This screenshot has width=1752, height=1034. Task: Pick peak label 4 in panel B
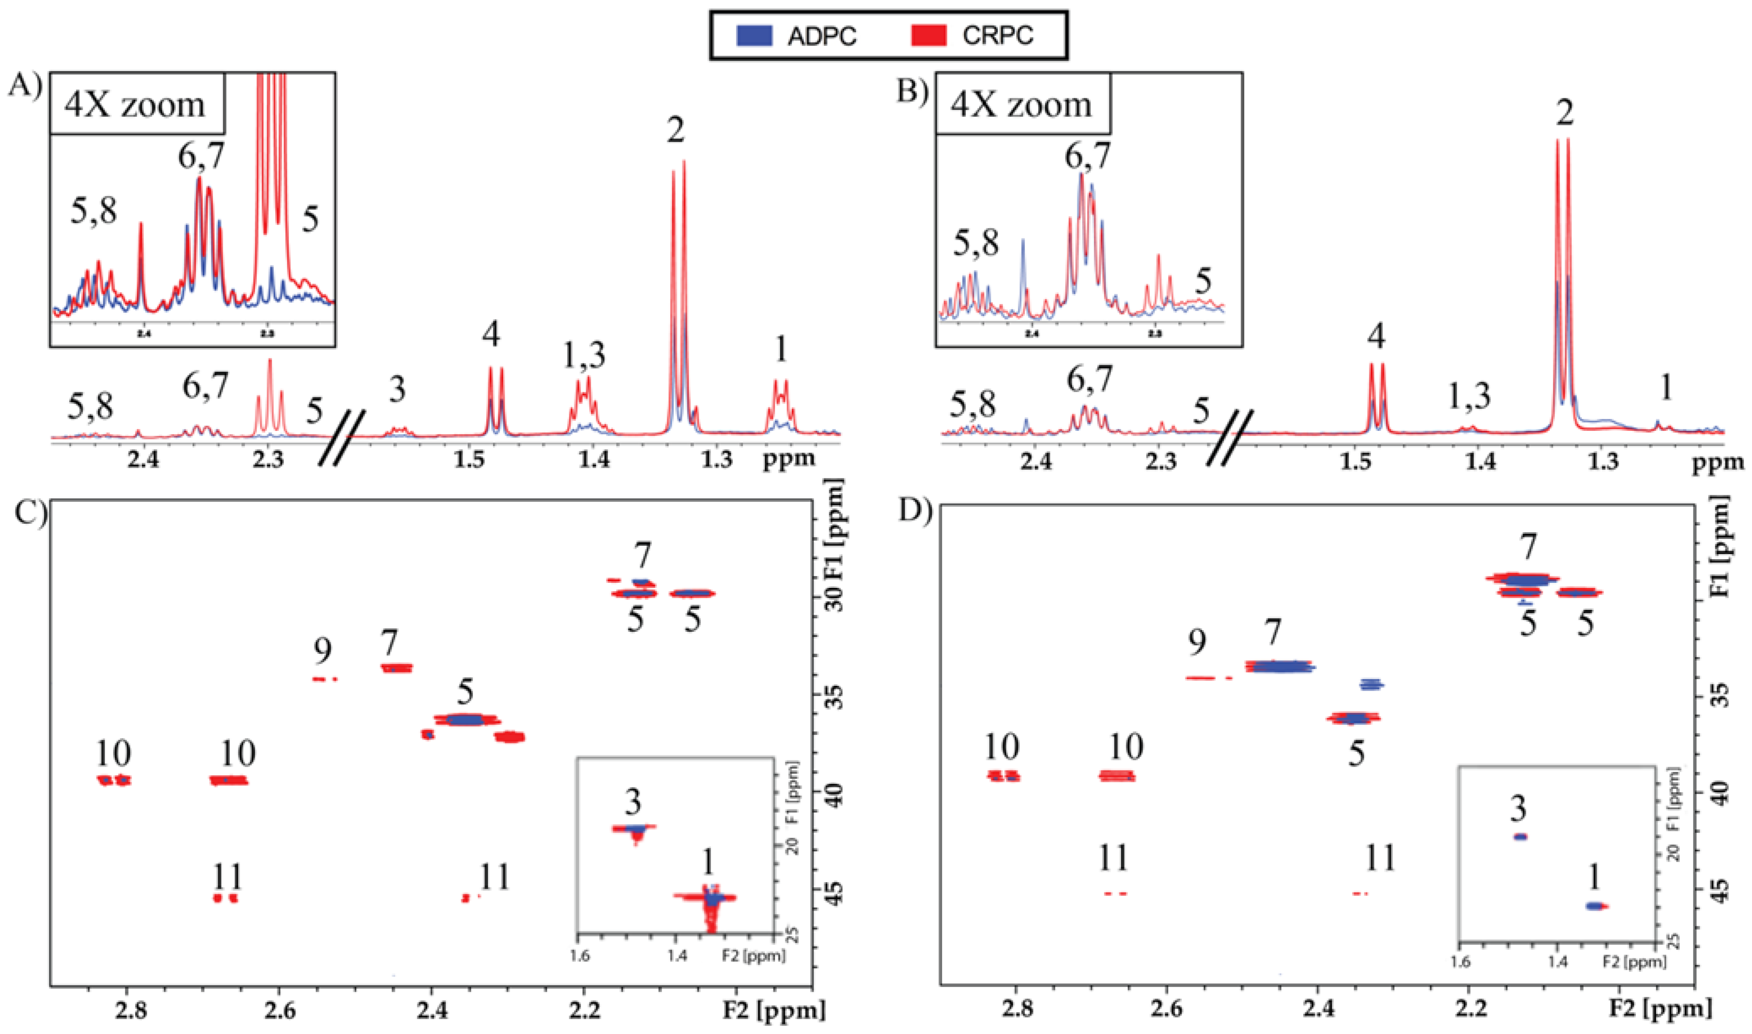pyautogui.click(x=1376, y=336)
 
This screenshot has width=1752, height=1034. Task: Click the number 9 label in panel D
pyautogui.click(x=1197, y=642)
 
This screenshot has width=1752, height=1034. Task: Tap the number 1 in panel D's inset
pyautogui.click(x=1594, y=879)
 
